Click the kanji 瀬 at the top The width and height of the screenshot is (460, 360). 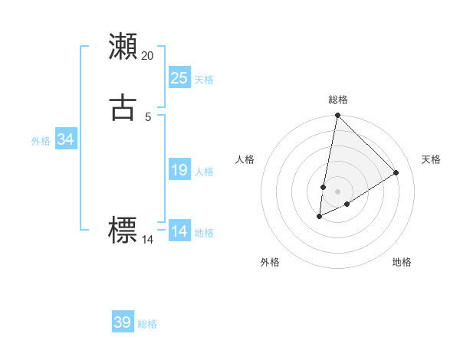coord(123,46)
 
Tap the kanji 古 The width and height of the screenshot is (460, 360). coord(123,106)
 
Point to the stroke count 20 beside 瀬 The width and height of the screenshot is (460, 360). coord(147,55)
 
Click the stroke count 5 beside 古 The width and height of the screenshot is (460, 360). coord(148,116)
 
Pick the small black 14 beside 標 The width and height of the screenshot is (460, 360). coord(147,240)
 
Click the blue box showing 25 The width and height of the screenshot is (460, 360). coord(179,77)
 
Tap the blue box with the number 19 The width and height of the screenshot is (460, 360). coord(179,170)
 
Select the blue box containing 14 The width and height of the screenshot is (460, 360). coord(179,231)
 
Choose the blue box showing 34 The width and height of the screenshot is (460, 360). coord(65,139)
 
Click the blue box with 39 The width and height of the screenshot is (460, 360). coord(123,322)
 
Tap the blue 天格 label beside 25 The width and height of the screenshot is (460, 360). coord(204,80)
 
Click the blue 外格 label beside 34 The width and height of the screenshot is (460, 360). coord(41,141)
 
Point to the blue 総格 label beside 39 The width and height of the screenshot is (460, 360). coord(148,324)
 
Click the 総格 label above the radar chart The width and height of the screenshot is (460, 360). coord(338,100)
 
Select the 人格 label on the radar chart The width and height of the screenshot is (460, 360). coord(245,159)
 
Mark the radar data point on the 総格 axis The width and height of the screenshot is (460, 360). coord(337,116)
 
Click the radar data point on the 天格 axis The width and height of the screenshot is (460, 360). coord(396,173)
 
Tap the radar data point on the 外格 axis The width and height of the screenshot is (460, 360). coord(320,217)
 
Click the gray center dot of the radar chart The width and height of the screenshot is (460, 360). coord(337,191)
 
